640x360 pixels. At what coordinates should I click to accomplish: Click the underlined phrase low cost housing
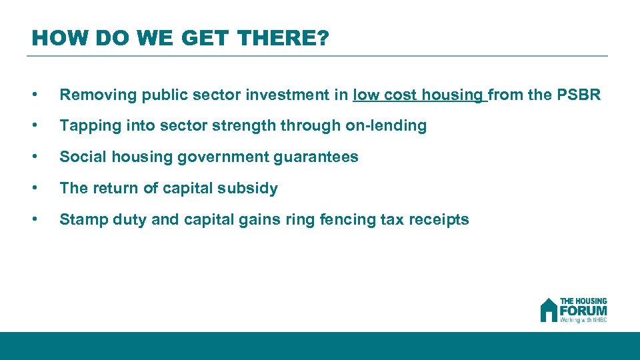tap(419, 95)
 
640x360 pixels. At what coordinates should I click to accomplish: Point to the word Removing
tap(91, 95)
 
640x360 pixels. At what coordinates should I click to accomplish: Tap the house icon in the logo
tap(548, 310)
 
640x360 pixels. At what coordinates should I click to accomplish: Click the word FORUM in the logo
tap(583, 311)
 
